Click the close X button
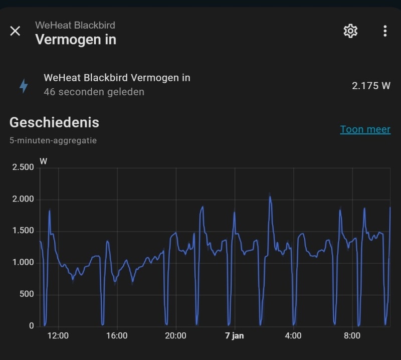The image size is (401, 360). (x=16, y=31)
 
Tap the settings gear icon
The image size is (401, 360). (x=350, y=31)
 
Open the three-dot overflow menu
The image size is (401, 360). (x=385, y=31)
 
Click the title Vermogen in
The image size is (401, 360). (x=76, y=40)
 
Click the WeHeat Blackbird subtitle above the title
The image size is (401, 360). (x=75, y=25)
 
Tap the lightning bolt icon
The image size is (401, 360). (x=24, y=86)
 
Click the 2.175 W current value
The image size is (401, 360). (x=371, y=85)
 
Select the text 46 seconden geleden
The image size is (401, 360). (x=94, y=92)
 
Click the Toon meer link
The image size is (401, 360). (x=365, y=129)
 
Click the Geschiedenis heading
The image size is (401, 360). (x=54, y=122)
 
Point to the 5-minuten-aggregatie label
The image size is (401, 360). (x=53, y=141)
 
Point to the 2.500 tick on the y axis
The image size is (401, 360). (x=23, y=167)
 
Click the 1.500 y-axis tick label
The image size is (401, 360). (x=23, y=231)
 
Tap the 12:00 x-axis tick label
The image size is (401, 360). (x=58, y=336)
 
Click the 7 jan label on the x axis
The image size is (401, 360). (x=234, y=336)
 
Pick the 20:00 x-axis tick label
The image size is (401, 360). (x=176, y=336)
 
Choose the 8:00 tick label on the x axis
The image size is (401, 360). (x=352, y=336)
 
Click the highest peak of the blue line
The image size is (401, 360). (x=270, y=197)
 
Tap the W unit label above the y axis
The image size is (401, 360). (x=44, y=161)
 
